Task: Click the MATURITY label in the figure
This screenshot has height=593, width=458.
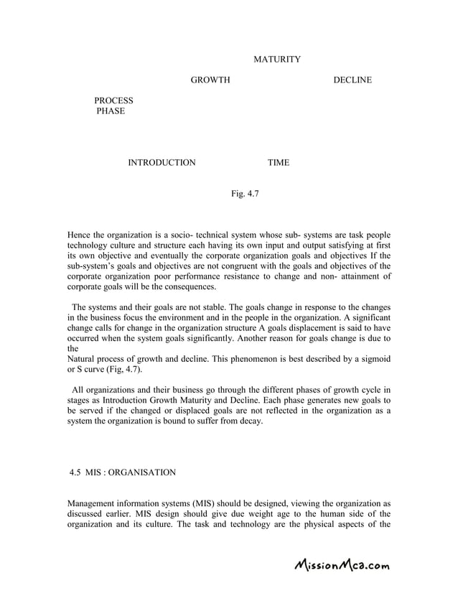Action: tap(277, 59)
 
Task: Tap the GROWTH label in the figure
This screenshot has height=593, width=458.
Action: tap(210, 80)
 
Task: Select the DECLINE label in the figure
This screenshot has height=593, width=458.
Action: tap(352, 80)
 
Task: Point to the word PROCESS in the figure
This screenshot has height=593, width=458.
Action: tap(113, 101)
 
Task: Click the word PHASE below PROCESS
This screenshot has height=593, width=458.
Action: tap(111, 112)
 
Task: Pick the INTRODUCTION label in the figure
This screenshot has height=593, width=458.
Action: tap(162, 163)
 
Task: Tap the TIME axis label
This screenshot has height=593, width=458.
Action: tap(279, 163)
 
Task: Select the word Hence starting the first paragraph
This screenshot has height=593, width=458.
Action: tap(80, 235)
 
